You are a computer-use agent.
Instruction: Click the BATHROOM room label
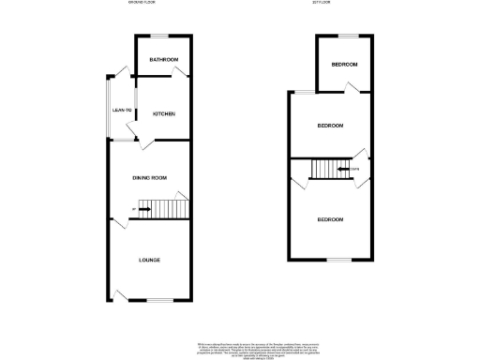[x=164, y=59]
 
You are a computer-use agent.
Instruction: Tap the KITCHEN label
[x=164, y=114]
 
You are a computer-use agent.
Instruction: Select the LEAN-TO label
[x=122, y=111]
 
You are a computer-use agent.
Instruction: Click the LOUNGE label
[x=150, y=260]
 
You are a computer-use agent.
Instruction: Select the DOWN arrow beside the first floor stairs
[x=343, y=170]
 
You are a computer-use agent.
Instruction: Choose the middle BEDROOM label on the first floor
[x=329, y=126]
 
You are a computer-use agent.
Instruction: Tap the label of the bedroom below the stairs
[x=329, y=219]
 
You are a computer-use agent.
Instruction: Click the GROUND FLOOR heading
[x=142, y=3]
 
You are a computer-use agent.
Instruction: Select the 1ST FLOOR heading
[x=322, y=3]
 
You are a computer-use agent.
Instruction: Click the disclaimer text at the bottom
[x=239, y=348]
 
